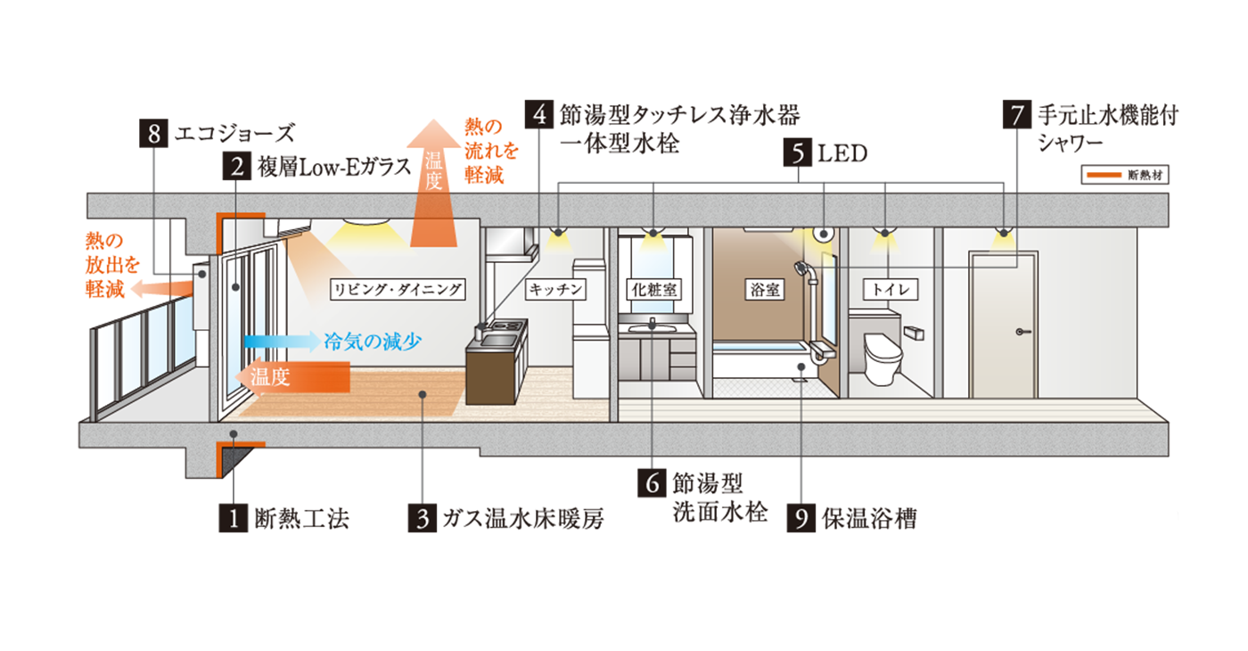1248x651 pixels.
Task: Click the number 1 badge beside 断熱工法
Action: (x=234, y=517)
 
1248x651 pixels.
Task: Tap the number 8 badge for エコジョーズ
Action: (x=154, y=134)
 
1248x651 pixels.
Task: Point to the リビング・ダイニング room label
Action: (x=398, y=290)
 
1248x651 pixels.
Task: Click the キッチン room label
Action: (x=555, y=290)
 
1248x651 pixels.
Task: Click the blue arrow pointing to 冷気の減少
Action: (x=280, y=341)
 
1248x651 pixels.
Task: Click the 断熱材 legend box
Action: (x=1125, y=175)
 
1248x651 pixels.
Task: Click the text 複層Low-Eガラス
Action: (x=335, y=166)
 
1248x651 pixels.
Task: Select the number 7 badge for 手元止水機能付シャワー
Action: (x=1017, y=114)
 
